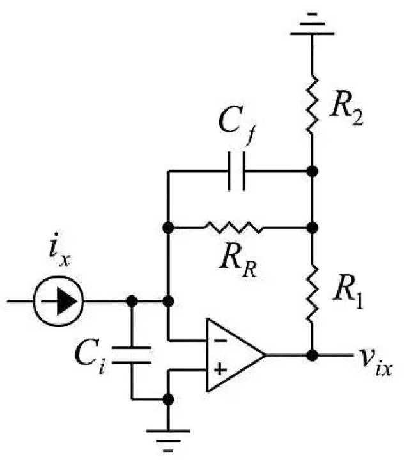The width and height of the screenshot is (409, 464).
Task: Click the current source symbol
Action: [59, 301]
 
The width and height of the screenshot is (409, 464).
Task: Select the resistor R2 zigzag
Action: [312, 104]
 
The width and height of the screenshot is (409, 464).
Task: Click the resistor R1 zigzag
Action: [312, 293]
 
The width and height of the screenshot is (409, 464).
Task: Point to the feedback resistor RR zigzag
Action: [233, 228]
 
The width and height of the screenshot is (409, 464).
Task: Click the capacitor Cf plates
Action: [236, 171]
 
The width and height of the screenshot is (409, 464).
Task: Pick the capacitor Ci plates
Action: [132, 355]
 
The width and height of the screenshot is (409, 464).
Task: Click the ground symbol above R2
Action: [313, 24]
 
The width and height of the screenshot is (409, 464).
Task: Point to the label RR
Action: [238, 260]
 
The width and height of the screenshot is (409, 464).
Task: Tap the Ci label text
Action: [90, 357]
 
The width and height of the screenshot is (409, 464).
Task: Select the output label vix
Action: [376, 362]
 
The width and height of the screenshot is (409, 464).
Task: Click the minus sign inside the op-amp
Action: [220, 341]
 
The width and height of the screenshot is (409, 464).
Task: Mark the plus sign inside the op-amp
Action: [220, 369]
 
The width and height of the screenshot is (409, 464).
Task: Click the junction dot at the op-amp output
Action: [312, 355]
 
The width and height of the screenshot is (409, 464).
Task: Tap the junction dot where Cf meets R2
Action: [312, 171]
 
